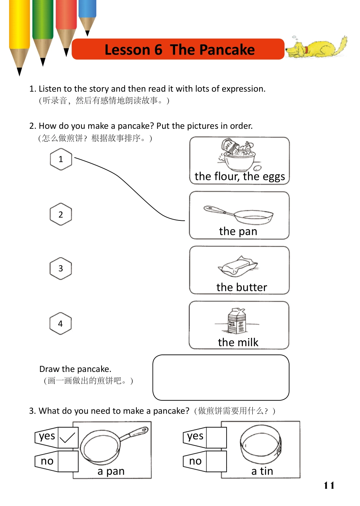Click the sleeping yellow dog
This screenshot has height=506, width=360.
click(x=316, y=48)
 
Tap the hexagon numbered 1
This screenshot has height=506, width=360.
click(x=61, y=159)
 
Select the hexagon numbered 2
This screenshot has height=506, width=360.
click(x=61, y=214)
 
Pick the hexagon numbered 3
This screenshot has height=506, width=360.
click(x=61, y=269)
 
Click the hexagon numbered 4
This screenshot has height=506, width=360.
click(x=61, y=324)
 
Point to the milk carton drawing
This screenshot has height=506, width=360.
click(x=237, y=321)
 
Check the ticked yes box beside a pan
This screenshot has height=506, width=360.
click(x=68, y=438)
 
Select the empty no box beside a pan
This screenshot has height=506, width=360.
click(x=68, y=461)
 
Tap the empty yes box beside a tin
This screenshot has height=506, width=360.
click(x=216, y=438)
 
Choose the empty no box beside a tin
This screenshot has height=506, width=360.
click(x=216, y=461)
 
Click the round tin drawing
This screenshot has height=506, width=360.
click(x=261, y=444)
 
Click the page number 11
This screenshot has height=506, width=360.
click(x=329, y=486)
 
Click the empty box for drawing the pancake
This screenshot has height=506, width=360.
click(x=221, y=378)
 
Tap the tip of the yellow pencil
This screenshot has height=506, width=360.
click(x=20, y=72)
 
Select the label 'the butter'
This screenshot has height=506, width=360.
click(x=241, y=287)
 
